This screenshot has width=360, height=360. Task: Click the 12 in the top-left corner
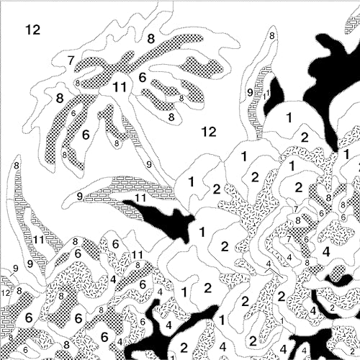coord(32,30)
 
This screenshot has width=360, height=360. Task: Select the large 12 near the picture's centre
coord(209,131)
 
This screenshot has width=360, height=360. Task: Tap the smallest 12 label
coord(5,292)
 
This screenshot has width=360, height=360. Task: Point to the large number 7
coord(71,60)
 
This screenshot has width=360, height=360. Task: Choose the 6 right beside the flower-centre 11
coord(143,78)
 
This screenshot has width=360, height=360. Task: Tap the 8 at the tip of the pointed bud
coord(272,35)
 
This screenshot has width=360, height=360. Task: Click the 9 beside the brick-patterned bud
coord(250,92)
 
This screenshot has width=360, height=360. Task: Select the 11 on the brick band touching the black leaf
coord(141,197)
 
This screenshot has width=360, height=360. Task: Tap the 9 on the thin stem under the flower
coord(148,165)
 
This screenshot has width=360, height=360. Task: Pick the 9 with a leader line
coord(15,269)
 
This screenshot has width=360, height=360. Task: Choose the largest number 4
coord(326,251)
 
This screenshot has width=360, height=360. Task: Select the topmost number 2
coord(305,137)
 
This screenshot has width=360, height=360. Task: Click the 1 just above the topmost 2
coord(289,117)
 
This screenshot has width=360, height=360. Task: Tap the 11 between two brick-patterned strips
coord(37,240)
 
